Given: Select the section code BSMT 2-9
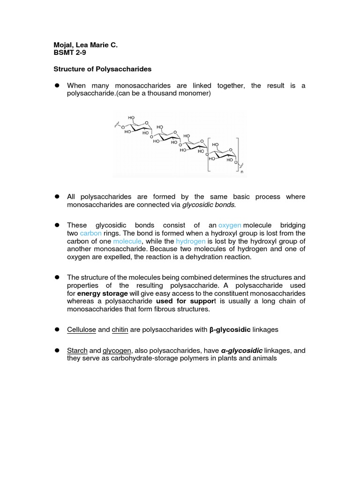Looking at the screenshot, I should pos(70,53).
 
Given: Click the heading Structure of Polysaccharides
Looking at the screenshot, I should pos(102,69).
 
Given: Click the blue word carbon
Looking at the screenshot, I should pos(90,233).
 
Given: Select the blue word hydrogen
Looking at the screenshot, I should pos(190,241).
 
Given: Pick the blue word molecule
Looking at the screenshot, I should pos(127,241).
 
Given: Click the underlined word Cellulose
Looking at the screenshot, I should pos(82,330).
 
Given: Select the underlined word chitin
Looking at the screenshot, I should pos(120,330).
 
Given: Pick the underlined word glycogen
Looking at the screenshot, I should pos(117,351).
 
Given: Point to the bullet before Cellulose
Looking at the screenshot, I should pos(56,330).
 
